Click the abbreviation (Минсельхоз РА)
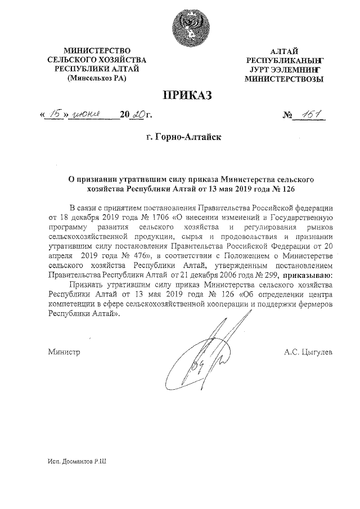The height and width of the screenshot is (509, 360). [97, 78]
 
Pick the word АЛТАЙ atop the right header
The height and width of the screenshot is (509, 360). [284, 52]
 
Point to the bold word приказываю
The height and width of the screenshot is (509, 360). [307, 275]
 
